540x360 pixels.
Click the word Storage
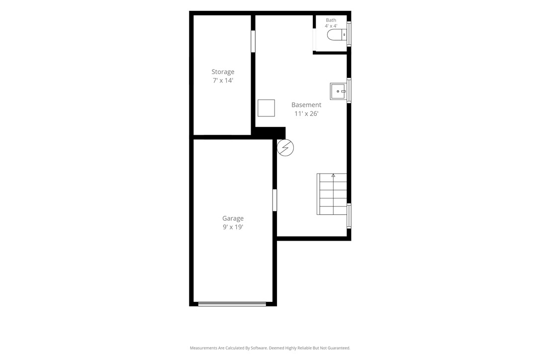click(x=223, y=72)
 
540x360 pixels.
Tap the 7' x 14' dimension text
click(x=223, y=81)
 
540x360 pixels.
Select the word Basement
click(x=306, y=105)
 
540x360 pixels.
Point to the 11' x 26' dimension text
click(x=306, y=114)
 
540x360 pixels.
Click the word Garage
click(x=233, y=218)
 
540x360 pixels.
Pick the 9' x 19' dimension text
click(x=233, y=227)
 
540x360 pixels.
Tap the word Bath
click(x=331, y=20)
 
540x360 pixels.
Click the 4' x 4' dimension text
click(x=331, y=26)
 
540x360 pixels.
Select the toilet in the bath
click(x=337, y=35)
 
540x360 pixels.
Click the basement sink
click(x=338, y=91)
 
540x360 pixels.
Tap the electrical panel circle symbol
click(x=285, y=148)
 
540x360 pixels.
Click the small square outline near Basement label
click(x=266, y=108)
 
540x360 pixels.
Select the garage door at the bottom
click(x=232, y=304)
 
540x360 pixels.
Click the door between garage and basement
click(x=275, y=200)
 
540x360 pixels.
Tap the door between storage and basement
click(x=253, y=41)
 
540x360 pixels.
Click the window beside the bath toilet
click(x=349, y=34)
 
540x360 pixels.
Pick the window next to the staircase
click(x=349, y=216)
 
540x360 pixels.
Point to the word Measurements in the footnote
click(x=203, y=348)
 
